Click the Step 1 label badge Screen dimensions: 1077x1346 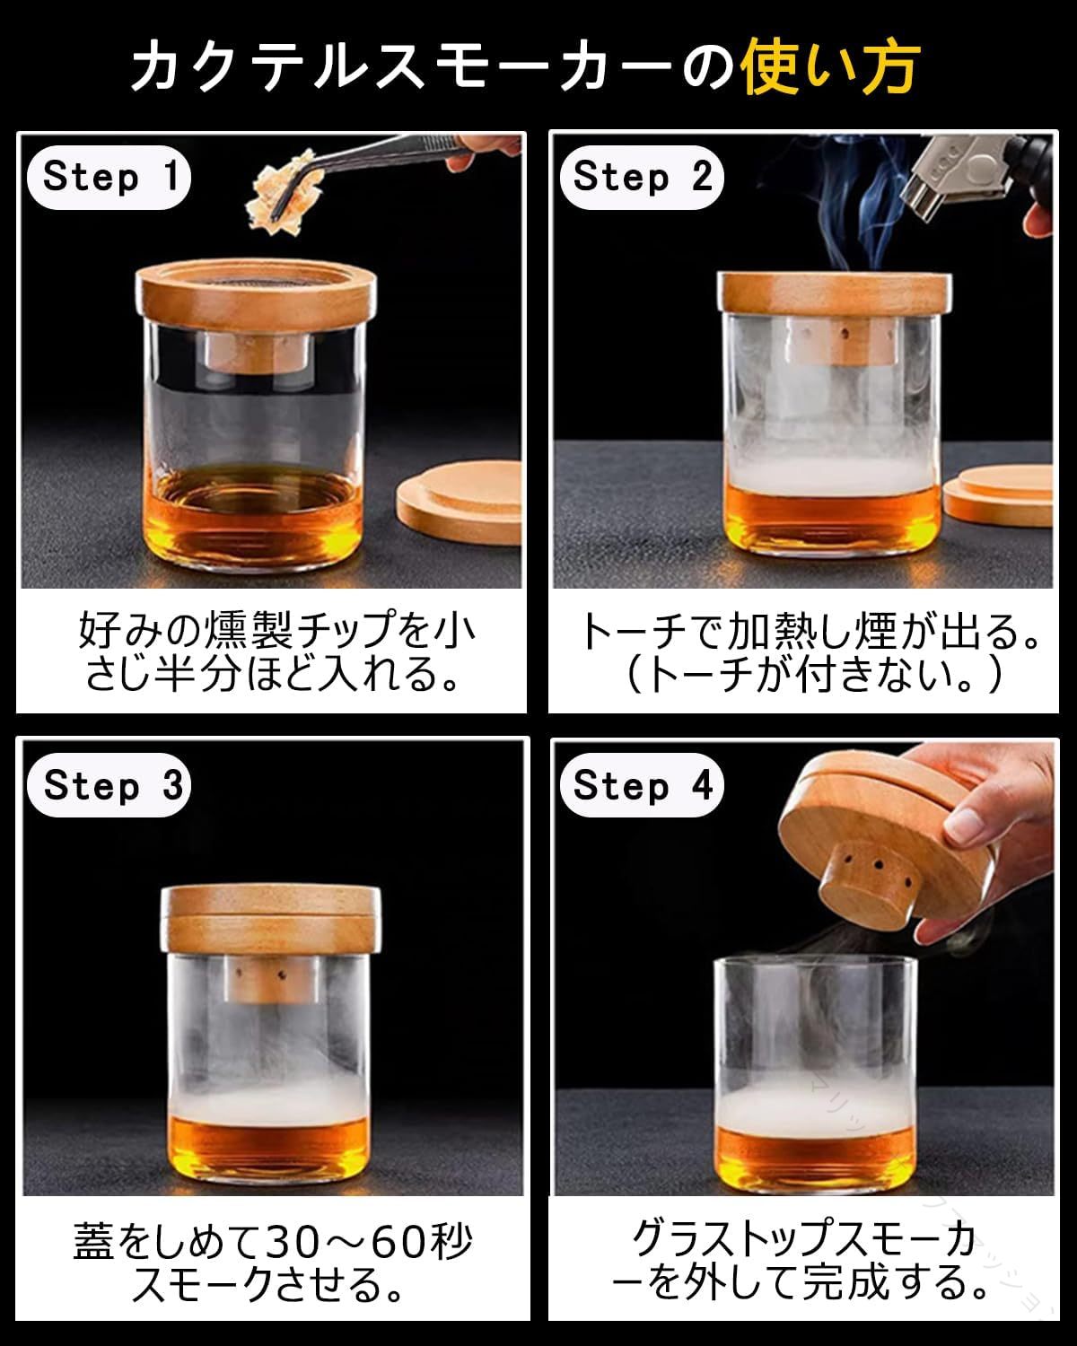click(109, 177)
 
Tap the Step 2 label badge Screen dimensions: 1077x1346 click(642, 177)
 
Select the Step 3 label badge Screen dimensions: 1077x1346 click(109, 785)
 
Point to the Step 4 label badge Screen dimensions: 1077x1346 click(642, 785)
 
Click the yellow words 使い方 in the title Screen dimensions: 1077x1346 click(830, 66)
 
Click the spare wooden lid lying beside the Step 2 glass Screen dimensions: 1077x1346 click(998, 494)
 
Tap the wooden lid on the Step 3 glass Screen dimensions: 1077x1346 click(270, 918)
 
